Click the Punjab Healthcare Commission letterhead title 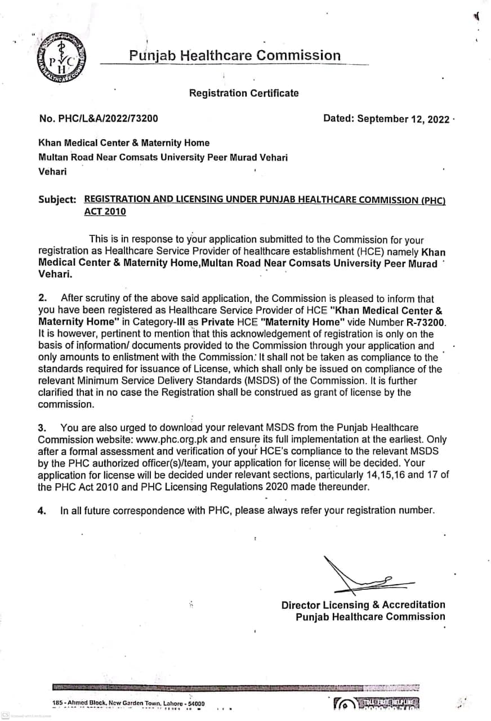point(235,55)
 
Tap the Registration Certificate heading point(244,93)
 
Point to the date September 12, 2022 point(386,118)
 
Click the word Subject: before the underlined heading point(57,199)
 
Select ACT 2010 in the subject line point(105,212)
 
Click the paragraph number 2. point(42,299)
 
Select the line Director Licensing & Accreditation point(363,604)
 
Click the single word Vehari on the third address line point(52,172)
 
